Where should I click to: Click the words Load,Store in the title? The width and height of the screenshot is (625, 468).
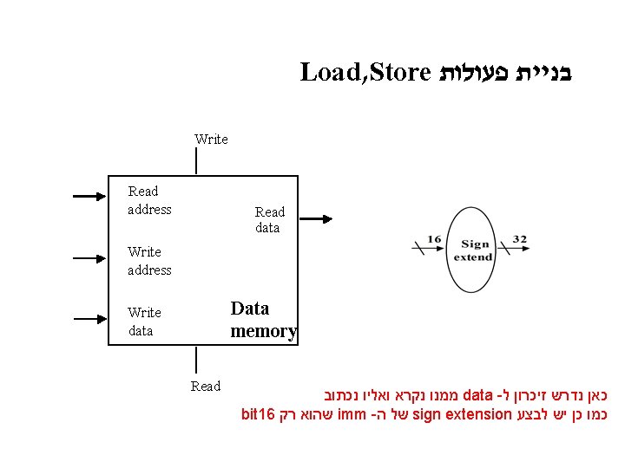click(x=365, y=73)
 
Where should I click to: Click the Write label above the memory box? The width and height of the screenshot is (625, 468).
click(x=211, y=140)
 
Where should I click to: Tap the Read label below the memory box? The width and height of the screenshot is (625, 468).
click(x=206, y=387)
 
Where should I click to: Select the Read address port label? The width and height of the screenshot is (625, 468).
click(x=149, y=200)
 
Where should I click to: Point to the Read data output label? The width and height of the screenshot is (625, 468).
click(x=269, y=219)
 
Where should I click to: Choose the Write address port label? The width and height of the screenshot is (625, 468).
click(x=149, y=261)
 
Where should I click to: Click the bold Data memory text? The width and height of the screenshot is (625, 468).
click(x=263, y=319)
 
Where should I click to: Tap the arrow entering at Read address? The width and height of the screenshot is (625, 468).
click(x=88, y=197)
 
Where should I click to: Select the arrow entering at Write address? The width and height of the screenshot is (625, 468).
click(x=88, y=257)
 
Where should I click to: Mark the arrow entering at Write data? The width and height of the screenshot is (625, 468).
click(x=88, y=317)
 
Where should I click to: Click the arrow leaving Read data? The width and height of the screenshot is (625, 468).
click(x=313, y=218)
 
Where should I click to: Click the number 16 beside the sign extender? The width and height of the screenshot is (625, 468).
click(x=434, y=239)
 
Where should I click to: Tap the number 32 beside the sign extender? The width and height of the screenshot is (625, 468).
click(x=519, y=239)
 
